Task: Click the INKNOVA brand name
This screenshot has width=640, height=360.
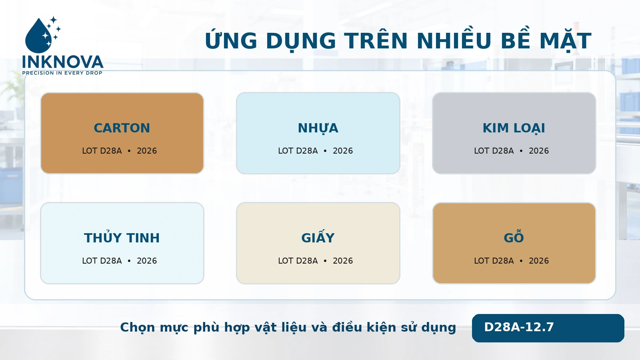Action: point(63,62)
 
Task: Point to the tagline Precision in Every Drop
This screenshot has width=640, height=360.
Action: point(62,73)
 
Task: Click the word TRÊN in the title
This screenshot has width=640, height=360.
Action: point(376,40)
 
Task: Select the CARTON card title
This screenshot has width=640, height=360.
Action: point(122,128)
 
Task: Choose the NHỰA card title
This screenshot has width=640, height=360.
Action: point(318,128)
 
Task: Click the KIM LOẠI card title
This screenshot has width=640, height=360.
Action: point(514,128)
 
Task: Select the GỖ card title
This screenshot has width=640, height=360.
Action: point(514,236)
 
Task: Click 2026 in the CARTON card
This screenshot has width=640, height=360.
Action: point(147,150)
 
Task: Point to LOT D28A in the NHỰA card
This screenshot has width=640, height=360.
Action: point(298,150)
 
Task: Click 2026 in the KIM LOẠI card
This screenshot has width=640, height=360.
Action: point(539,150)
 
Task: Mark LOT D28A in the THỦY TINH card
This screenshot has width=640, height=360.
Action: point(102,260)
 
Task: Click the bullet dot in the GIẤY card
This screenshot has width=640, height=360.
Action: point(325,261)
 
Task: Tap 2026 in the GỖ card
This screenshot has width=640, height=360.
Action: point(539,260)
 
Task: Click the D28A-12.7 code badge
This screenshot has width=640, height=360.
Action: point(548,328)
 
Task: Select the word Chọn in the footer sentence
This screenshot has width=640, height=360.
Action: point(137,328)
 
